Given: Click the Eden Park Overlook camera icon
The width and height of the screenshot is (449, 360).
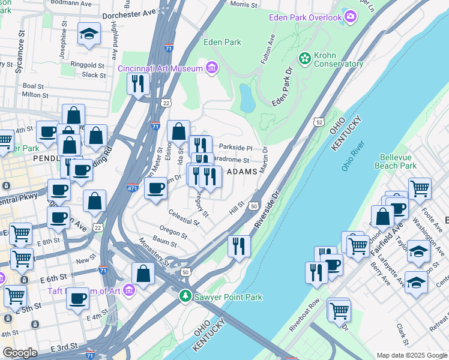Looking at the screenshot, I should [x=351, y=17].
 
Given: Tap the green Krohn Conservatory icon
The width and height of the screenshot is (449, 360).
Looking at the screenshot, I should [x=304, y=58].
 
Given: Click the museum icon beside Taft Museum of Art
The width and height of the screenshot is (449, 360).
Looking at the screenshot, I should [x=131, y=290].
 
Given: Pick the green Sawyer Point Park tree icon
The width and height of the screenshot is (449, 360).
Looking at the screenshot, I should [x=186, y=296].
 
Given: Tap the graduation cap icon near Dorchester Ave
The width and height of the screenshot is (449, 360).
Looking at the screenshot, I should [x=89, y=35].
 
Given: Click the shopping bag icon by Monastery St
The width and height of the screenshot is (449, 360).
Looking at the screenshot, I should [x=143, y=274].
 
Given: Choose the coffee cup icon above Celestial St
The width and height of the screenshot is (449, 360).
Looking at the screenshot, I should [x=156, y=188].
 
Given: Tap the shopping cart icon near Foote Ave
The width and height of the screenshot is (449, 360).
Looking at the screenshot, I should [x=420, y=188].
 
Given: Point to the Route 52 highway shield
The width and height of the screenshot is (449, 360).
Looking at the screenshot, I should [x=318, y=122].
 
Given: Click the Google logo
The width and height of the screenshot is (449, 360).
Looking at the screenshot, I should [x=20, y=353].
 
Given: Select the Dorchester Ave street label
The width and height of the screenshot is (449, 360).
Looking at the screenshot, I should [x=130, y=13].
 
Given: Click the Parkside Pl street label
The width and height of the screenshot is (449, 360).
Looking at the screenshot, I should [x=235, y=147].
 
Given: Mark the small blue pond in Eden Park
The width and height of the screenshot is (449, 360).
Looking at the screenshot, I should [x=247, y=98].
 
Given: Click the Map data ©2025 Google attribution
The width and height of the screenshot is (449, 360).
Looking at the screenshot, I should [x=411, y=355].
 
